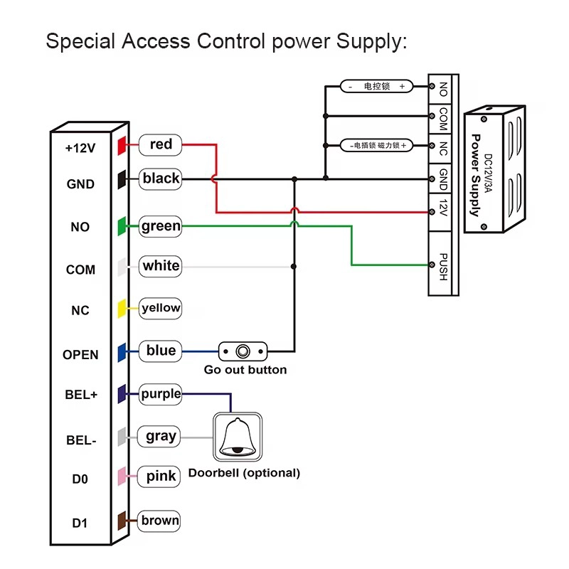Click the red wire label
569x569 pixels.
pyautogui.click(x=161, y=144)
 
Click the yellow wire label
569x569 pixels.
pyautogui.click(x=161, y=308)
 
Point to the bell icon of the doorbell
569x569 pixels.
pyautogui.click(x=238, y=437)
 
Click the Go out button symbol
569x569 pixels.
pyautogui.click(x=243, y=351)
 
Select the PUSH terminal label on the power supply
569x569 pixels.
pyautogui.click(x=443, y=267)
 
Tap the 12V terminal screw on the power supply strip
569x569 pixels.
pyautogui.click(x=432, y=212)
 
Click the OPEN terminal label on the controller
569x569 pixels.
pyautogui.click(x=80, y=354)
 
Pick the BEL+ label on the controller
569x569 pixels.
pyautogui.click(x=81, y=395)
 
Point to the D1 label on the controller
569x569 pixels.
pyautogui.click(x=80, y=523)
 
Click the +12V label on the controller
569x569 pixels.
pyautogui.click(x=80, y=148)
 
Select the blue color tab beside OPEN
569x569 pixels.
pyautogui.click(x=122, y=352)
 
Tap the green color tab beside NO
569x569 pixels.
pyautogui.click(x=122, y=226)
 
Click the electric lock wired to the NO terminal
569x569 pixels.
pyautogui.click(x=377, y=86)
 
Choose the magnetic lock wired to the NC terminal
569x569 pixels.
pyautogui.click(x=377, y=146)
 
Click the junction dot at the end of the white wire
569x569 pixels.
pyautogui.click(x=294, y=267)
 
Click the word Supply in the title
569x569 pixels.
pyautogui.click(x=371, y=42)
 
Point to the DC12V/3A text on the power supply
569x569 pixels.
pyautogui.click(x=489, y=173)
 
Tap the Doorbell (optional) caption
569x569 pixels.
pyautogui.click(x=244, y=473)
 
